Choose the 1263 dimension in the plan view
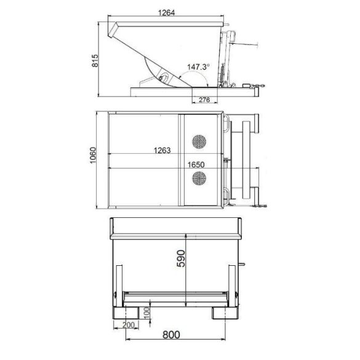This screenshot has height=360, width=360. (x=160, y=148)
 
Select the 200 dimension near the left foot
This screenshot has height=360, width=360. (x=129, y=324)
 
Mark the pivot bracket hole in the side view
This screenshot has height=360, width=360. (x=164, y=78)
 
